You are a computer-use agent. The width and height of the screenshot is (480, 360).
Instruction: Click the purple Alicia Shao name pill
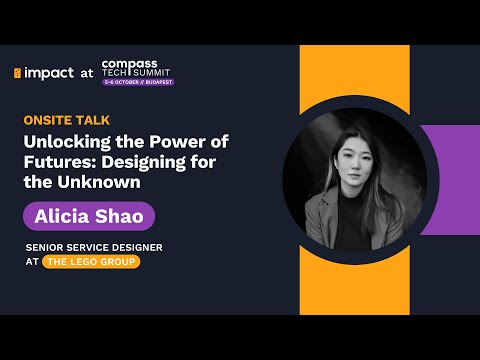tap(89, 215)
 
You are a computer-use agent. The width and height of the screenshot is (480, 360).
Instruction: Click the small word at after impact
tap(86, 73)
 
